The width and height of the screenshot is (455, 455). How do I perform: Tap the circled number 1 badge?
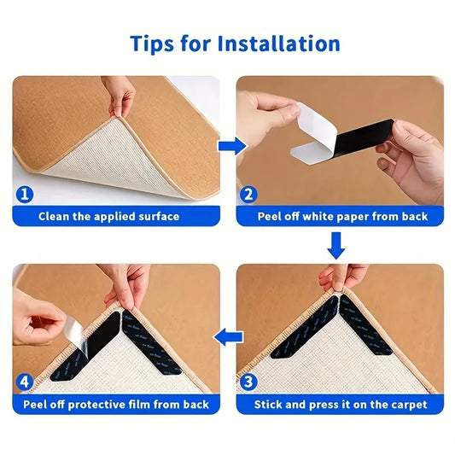[25, 195]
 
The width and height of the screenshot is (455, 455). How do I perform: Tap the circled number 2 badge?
[248, 195]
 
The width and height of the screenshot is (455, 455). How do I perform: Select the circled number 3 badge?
[248, 382]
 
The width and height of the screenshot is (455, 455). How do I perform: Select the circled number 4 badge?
[25, 382]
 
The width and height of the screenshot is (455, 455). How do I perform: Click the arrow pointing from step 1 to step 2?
[228, 147]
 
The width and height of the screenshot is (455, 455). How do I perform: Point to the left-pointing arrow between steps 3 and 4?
[227, 339]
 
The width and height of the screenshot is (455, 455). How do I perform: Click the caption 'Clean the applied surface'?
[108, 217]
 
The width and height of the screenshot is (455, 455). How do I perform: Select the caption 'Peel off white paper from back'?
[342, 217]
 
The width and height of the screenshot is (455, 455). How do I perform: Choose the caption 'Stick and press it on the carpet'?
[342, 404]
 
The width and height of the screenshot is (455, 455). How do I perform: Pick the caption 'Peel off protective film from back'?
[116, 404]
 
